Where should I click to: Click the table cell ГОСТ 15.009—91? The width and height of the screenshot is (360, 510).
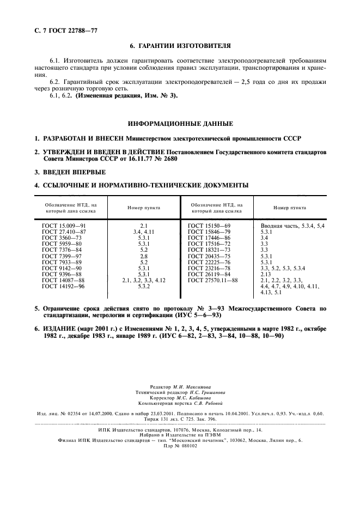64,225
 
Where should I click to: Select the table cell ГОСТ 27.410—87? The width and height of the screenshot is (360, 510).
64,232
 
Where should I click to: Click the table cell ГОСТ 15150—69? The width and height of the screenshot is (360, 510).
210,225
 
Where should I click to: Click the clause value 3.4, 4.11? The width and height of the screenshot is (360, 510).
144,232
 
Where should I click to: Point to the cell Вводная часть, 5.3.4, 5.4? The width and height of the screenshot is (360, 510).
292,225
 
